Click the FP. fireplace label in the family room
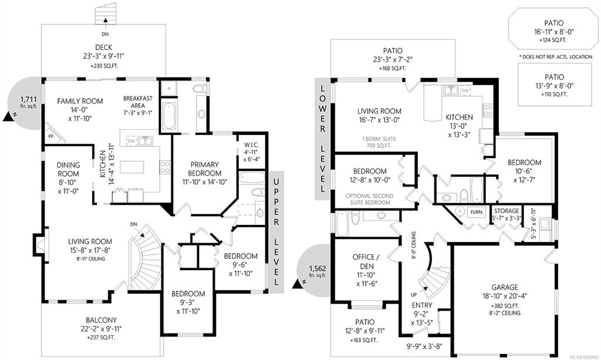click(51, 136)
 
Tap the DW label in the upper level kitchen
click(131, 141)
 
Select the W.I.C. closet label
click(251, 145)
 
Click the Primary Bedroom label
click(205, 169)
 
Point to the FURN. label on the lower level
click(477, 211)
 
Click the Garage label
click(505, 287)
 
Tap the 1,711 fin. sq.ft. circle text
click(29, 102)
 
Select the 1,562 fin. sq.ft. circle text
click(318, 271)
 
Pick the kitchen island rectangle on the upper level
click(132, 167)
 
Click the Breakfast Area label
click(138, 102)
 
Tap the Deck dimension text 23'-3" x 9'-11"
click(103, 56)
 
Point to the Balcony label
click(101, 319)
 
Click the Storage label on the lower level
click(507, 211)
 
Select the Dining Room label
click(68, 169)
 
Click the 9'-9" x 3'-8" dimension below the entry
click(424, 346)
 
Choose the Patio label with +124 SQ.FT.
click(554, 23)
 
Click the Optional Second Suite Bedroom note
click(370, 199)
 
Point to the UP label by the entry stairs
click(414, 295)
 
